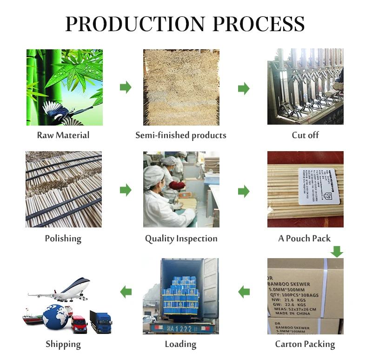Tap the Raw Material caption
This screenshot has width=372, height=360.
(63, 135)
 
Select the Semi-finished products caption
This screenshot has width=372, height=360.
(181, 135)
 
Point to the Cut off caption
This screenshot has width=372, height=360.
(306, 135)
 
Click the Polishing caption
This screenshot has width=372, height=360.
(63, 239)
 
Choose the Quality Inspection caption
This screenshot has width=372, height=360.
(181, 239)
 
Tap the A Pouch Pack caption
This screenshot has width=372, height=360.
(305, 239)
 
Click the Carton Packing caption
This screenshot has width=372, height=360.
(305, 344)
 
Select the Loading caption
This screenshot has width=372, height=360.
(180, 344)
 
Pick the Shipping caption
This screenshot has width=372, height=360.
(63, 344)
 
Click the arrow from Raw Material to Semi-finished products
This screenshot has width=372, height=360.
(126, 87)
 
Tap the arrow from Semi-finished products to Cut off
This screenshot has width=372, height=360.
(244, 88)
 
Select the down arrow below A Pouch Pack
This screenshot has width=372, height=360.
(337, 252)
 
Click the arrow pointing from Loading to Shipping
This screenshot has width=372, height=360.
(126, 292)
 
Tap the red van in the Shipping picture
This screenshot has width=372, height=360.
(79, 323)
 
